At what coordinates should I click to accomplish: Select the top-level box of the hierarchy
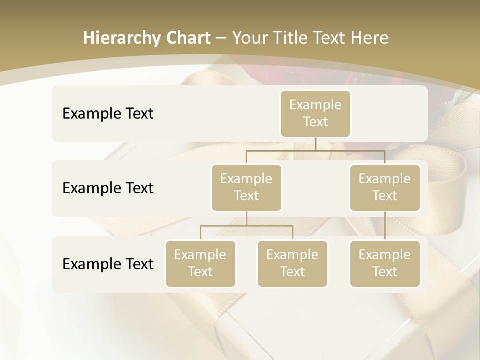click(315, 114)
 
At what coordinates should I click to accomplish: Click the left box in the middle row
click(246, 187)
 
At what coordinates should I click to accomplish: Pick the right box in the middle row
click(385, 187)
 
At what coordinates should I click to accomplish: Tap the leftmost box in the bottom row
click(200, 264)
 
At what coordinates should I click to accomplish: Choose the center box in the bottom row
click(292, 264)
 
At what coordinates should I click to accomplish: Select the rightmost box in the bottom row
click(385, 264)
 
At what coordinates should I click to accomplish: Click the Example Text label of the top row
click(108, 114)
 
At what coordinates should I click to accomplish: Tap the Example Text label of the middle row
click(108, 188)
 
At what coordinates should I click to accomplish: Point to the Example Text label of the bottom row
click(108, 264)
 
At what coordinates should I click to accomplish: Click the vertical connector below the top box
click(315, 144)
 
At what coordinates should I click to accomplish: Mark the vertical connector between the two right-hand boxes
click(385, 226)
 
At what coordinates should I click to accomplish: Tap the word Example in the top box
click(315, 105)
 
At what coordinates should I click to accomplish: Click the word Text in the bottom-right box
click(385, 272)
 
